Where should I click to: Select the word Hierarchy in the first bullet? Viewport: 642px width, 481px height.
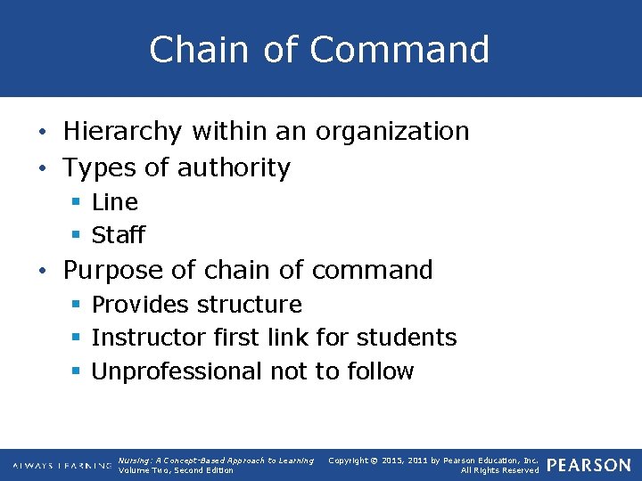pyautogui.click(x=120, y=132)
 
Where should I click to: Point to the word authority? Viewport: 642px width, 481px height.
pyautogui.click(x=236, y=167)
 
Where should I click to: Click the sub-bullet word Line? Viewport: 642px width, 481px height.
pyautogui.click(x=115, y=202)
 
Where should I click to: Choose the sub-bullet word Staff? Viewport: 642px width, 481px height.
pyautogui.click(x=118, y=236)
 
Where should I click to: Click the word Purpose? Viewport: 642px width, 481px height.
pyautogui.click(x=113, y=270)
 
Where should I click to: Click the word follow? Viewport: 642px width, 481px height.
pyautogui.click(x=378, y=371)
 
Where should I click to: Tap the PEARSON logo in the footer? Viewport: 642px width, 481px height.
pyautogui.click(x=588, y=465)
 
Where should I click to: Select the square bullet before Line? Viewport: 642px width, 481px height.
pyautogui.click(x=76, y=202)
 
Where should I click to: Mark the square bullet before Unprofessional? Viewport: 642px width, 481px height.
pyautogui.click(x=76, y=371)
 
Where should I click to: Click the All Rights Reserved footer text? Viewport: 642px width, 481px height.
pyautogui.click(x=499, y=470)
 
